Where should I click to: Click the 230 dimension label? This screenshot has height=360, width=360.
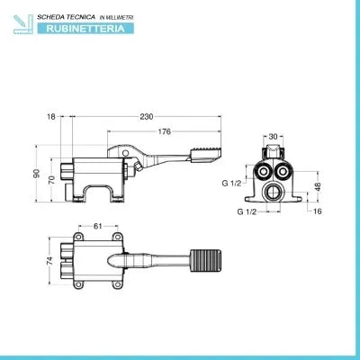coord(147,116)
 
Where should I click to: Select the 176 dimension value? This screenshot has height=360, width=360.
coord(164,131)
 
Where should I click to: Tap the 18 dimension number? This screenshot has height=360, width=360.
coord(51,117)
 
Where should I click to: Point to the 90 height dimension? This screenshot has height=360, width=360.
coord(37,174)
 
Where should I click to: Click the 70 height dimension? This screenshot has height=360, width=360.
coord(51,179)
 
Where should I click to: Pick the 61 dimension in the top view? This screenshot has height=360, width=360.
coord(98,226)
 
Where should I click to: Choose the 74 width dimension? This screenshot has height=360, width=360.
coord(49,260)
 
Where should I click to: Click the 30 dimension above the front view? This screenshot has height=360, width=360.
coord(273,137)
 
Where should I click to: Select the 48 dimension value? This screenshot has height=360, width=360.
coord(318,186)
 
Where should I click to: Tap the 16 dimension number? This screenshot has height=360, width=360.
coord(317,211)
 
